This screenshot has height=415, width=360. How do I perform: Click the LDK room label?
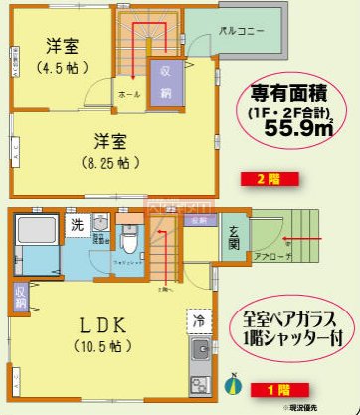click(x=99, y=325)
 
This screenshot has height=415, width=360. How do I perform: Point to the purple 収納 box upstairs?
click(x=162, y=77)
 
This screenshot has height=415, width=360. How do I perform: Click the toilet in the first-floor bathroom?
click(x=129, y=239)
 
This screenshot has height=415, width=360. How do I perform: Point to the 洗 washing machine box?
click(x=78, y=224)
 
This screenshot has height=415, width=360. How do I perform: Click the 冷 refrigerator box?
click(x=196, y=320)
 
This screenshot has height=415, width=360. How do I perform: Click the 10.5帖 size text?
click(x=100, y=347)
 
